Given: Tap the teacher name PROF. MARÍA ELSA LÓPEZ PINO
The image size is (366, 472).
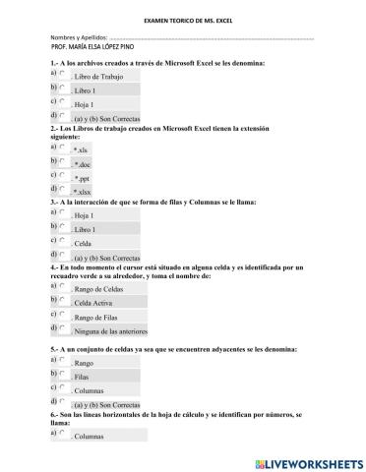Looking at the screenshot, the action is tap(96, 49).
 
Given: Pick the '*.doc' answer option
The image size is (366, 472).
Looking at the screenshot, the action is tap(63, 161).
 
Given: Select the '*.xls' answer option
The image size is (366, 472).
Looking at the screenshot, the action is tap(63, 147).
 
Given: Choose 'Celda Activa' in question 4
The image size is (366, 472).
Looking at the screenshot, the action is tap(63, 303).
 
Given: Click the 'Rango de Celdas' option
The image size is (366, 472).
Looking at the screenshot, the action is tap(63, 285).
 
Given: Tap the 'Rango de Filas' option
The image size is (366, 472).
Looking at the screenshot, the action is tap(63, 317).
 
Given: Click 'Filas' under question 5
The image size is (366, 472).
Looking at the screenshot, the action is tap(63, 376).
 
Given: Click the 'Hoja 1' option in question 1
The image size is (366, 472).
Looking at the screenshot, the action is tap(63, 101).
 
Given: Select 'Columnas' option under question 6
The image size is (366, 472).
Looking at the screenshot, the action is tap(63, 433).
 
